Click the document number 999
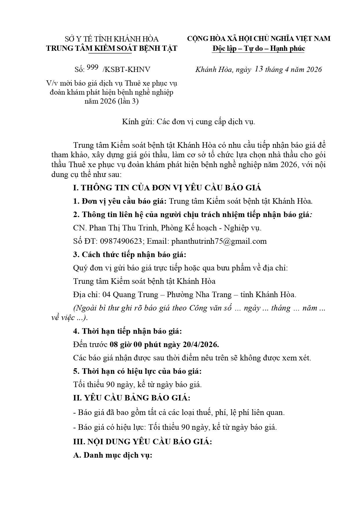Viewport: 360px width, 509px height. [x=93, y=68]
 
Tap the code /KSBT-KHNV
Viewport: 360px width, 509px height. [x=126, y=69]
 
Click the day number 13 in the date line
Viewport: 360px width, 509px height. [x=258, y=69]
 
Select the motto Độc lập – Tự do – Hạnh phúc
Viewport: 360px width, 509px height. [x=258, y=48]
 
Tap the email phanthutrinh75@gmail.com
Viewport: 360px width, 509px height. [x=219, y=241]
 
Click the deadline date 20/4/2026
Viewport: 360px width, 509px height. [x=201, y=344]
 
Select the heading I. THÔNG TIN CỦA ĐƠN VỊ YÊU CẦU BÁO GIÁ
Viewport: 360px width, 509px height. [x=167, y=188]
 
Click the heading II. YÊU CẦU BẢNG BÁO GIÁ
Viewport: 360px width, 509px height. [x=132, y=398]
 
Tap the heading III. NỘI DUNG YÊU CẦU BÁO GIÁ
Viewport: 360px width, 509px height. [x=142, y=442]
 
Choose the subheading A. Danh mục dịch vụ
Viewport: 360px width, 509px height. [x=113, y=455]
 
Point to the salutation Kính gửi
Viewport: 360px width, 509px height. [x=138, y=122]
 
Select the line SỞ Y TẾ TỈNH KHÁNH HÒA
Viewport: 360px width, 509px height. [x=112, y=39]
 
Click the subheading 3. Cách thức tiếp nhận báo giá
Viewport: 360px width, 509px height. [x=129, y=255]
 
